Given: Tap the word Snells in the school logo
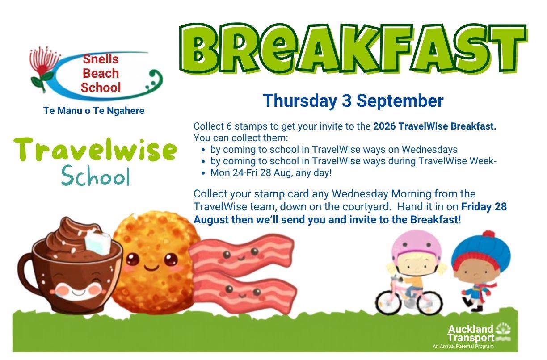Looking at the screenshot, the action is tap(101, 59).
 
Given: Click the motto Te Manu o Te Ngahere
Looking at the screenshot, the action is tap(94, 111).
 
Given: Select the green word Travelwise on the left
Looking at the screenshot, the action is tap(95, 149).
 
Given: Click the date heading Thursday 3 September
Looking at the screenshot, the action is tap(353, 101).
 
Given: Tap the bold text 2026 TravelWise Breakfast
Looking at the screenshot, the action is tap(435, 126).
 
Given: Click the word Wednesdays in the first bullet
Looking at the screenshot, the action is tap(430, 149).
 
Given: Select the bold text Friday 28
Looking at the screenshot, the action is tap(484, 206).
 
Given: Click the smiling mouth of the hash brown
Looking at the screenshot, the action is tap(151, 268).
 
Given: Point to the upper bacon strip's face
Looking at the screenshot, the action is tap(241, 254).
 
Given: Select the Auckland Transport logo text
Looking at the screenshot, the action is tap(471, 333).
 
